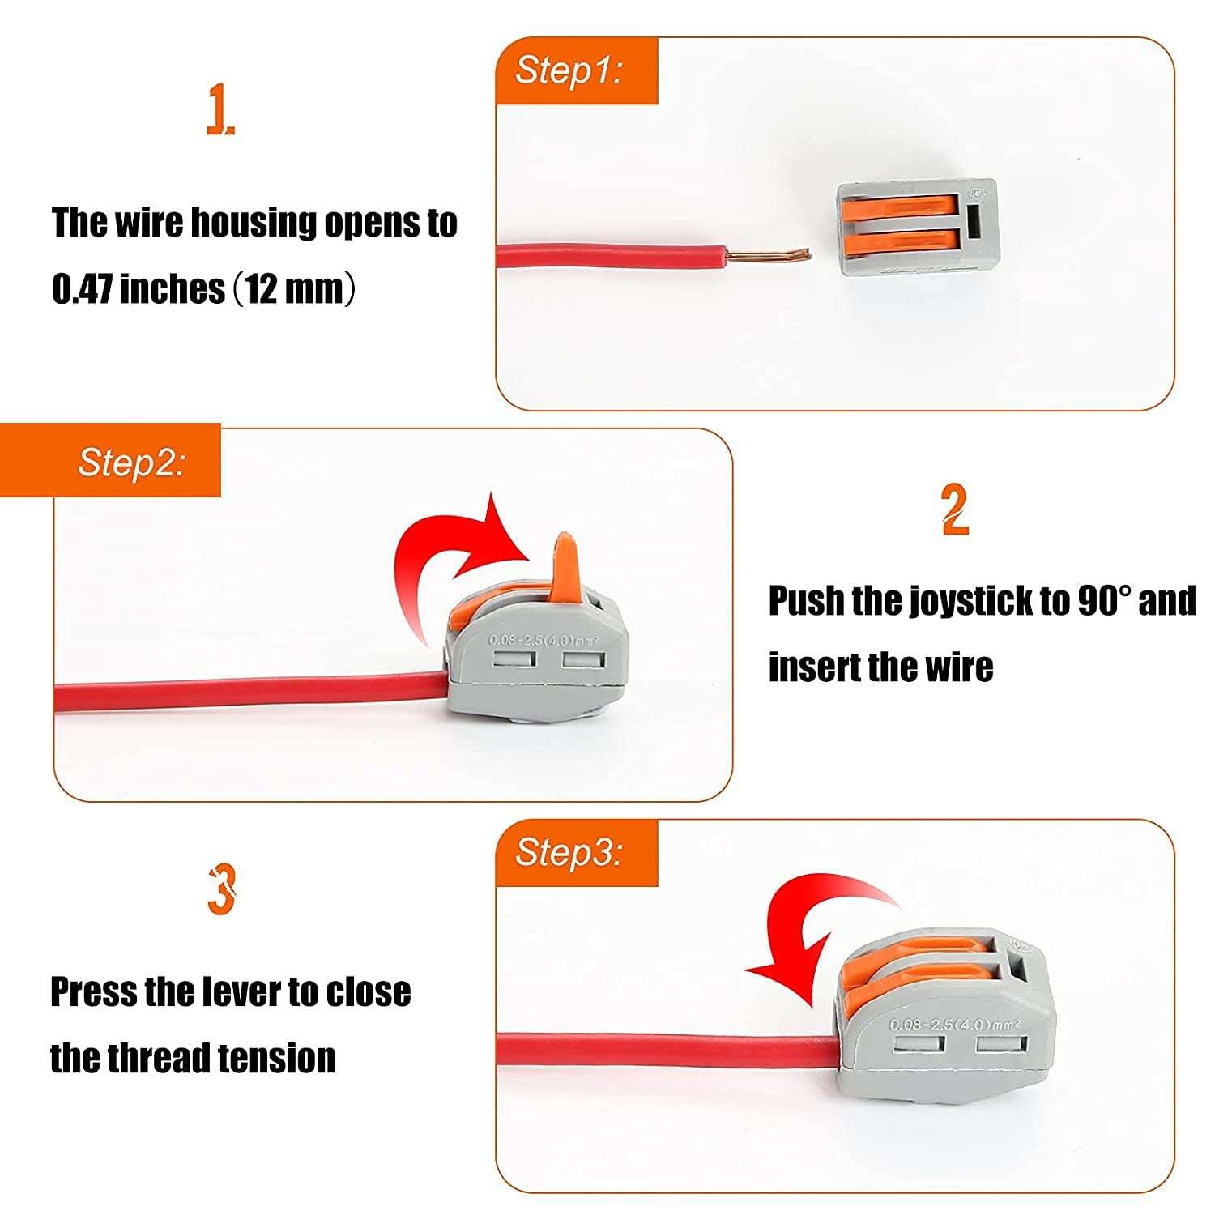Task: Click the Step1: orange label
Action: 576,70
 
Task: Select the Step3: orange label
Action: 576,853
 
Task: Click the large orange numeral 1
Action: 220,111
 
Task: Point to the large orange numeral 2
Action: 956,509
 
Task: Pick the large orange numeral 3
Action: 221,889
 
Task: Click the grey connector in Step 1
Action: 917,228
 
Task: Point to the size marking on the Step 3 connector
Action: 956,1025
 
